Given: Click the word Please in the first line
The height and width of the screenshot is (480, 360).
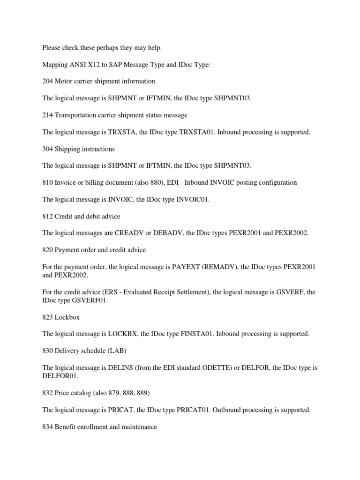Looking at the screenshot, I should [51, 47].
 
